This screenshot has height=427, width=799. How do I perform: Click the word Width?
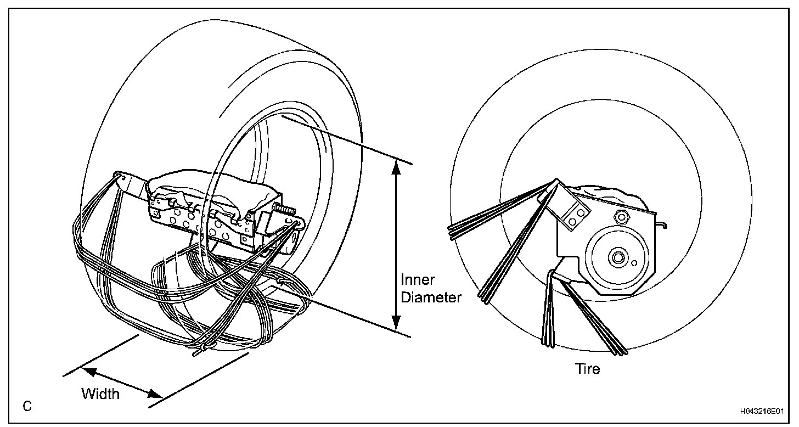tap(100, 394)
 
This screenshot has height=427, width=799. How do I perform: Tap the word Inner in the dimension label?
tap(418, 280)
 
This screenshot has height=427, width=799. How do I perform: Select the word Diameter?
tap(431, 297)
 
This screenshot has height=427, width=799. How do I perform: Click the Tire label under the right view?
tap(587, 368)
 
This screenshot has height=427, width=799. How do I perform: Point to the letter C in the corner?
tap(27, 407)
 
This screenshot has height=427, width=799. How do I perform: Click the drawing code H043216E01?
tap(762, 411)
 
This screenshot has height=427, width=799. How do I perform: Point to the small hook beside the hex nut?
tap(663, 224)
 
